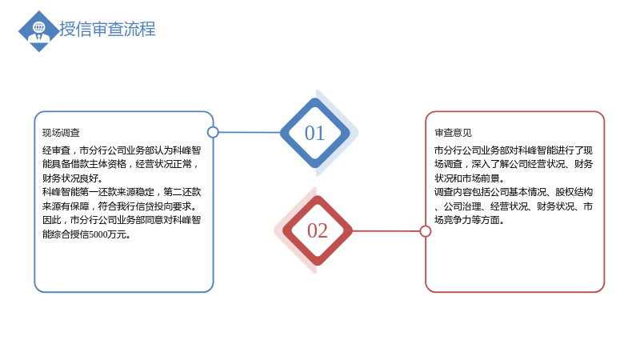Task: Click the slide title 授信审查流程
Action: click(x=107, y=29)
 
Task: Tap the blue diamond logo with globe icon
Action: click(x=39, y=31)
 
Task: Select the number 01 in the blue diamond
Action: click(x=314, y=133)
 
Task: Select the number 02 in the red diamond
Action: click(x=317, y=230)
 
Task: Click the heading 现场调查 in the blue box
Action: click(x=61, y=133)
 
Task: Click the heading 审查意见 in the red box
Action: click(x=453, y=133)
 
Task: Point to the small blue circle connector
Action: click(x=213, y=132)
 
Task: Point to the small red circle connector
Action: click(x=426, y=231)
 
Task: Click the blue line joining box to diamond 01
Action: click(x=250, y=132)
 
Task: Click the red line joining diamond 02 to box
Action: click(x=386, y=231)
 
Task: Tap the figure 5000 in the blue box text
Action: click(x=98, y=234)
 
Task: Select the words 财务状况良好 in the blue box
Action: click(x=70, y=178)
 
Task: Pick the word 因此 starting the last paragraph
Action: click(x=51, y=221)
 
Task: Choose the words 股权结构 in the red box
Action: click(x=574, y=192)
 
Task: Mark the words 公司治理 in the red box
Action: click(x=462, y=206)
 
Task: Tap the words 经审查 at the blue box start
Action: click(x=56, y=150)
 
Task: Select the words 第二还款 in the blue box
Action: click(x=182, y=192)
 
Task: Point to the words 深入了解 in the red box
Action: click(x=490, y=164)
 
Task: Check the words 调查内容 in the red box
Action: click(x=453, y=192)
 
